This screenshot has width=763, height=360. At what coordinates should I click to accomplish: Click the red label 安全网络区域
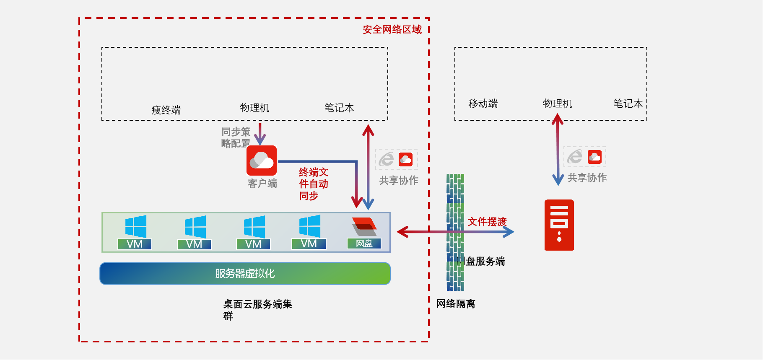point(392,29)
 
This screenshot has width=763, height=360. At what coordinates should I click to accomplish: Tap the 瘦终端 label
point(166,110)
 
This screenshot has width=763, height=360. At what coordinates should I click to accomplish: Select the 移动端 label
point(483,104)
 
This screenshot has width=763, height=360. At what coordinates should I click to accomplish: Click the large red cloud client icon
point(262,161)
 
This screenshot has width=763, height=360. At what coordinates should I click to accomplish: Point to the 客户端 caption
point(262,183)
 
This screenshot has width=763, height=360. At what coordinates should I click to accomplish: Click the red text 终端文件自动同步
point(313,184)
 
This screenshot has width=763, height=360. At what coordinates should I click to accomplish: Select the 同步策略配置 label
point(236,137)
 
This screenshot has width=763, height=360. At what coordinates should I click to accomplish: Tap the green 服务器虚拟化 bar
point(245,274)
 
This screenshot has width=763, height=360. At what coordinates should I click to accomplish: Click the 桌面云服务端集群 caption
point(257,310)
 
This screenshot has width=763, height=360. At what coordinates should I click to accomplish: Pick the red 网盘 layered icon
point(364,226)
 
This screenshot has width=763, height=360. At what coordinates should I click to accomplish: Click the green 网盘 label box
point(364,243)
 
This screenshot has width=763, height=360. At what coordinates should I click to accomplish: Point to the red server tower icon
point(559,225)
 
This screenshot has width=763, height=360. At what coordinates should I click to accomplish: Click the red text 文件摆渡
point(487,222)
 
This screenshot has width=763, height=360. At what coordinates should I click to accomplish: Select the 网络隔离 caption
point(456,303)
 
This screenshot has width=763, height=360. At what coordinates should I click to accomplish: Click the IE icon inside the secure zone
point(386,159)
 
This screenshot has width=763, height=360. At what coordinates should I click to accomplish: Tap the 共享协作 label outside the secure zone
point(587,178)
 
